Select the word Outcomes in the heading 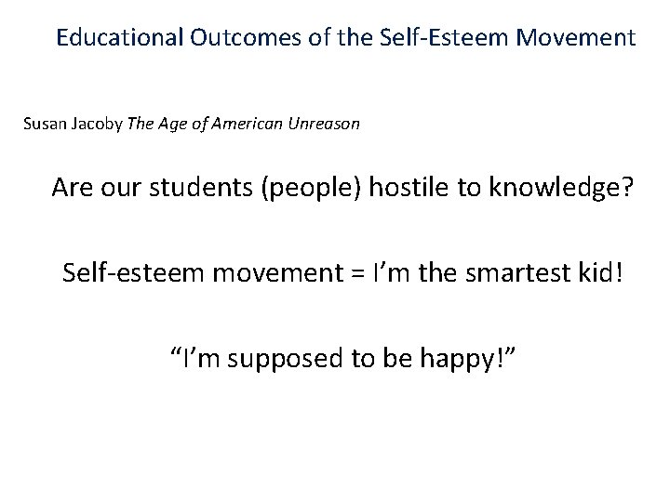click(236, 39)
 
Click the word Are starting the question click(74, 189)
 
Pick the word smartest click(502, 274)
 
